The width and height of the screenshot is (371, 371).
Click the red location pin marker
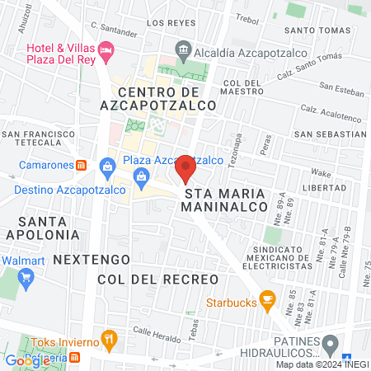point(185,169)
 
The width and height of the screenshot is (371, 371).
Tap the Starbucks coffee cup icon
point(266,299)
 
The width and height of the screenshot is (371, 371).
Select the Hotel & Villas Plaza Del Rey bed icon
point(106,52)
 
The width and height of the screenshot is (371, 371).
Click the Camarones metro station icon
point(82,164)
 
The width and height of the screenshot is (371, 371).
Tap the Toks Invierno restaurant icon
point(109,338)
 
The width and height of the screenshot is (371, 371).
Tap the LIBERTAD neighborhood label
point(340,188)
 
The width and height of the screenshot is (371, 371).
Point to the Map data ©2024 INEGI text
point(321,364)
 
